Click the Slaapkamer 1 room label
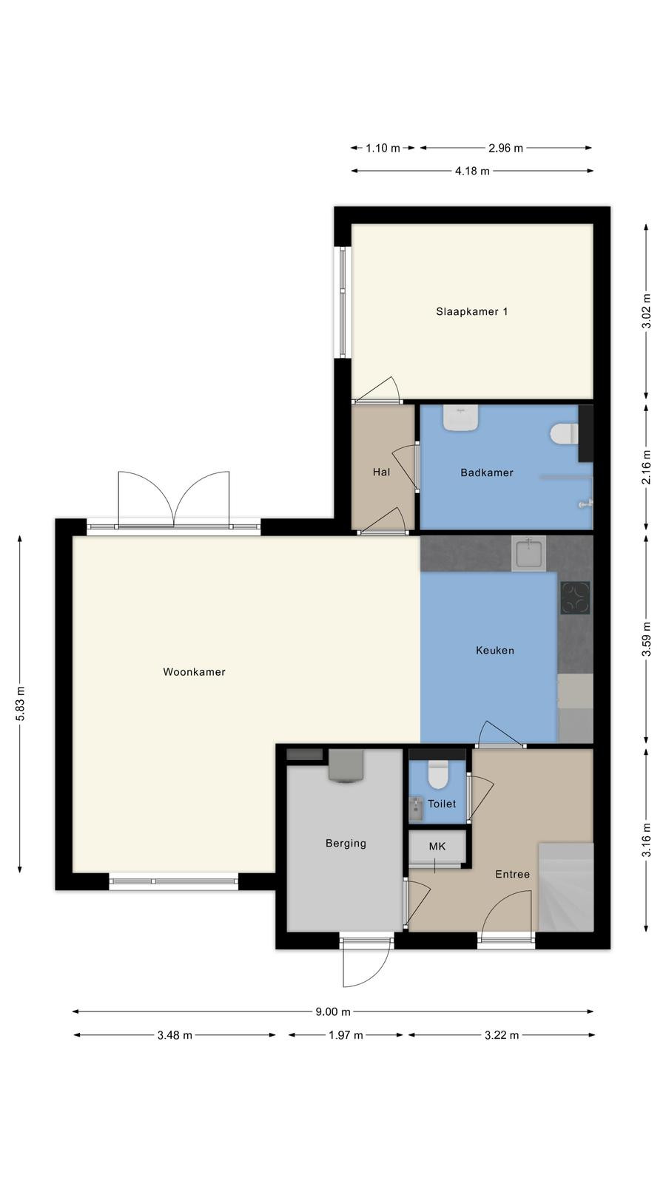[471, 311]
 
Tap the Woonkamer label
[194, 672]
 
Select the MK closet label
[437, 847]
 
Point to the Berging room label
[346, 844]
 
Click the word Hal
[381, 472]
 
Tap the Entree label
[512, 874]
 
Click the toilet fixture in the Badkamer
[564, 435]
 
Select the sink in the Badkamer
[461, 417]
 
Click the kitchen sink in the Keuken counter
[528, 554]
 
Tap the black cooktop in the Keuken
[575, 598]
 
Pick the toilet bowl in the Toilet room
[437, 774]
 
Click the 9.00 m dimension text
[333, 1012]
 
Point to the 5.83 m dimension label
[20, 704]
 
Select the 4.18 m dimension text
[472, 171]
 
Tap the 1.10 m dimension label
[383, 149]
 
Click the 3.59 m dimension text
[647, 639]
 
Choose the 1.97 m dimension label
[346, 1035]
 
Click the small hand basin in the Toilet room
[416, 809]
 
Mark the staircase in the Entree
[565, 887]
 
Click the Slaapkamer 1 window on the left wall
[343, 302]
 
